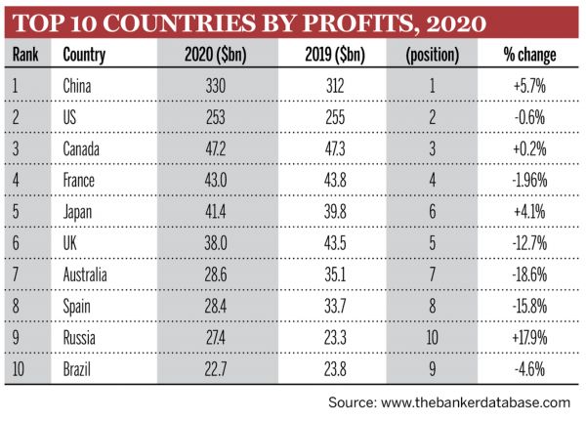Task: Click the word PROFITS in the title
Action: pos(330,21)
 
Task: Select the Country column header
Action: pos(84,55)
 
